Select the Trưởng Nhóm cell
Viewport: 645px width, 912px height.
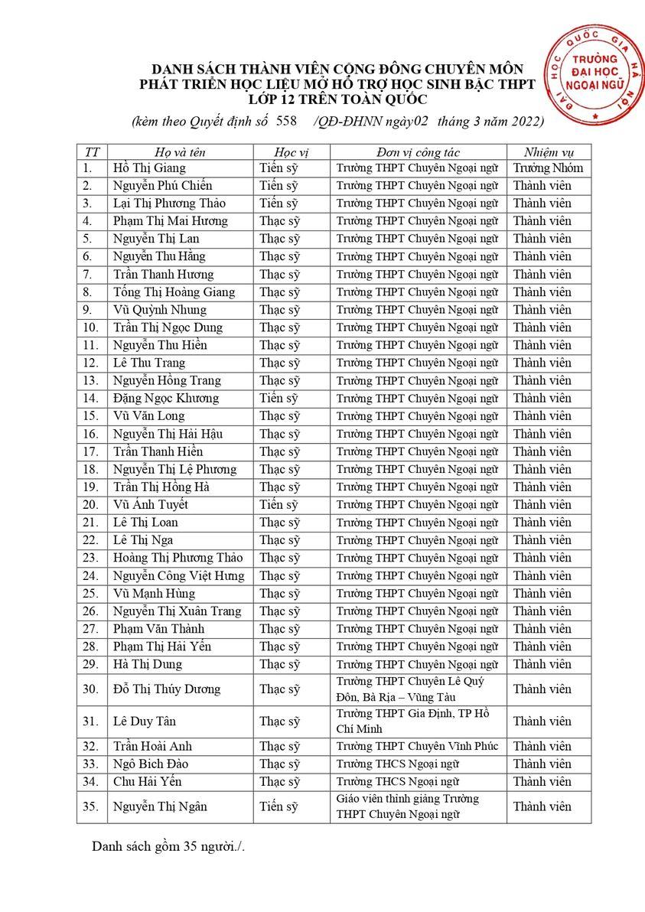pyautogui.click(x=548, y=168)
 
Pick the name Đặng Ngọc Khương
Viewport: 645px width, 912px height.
pyautogui.click(x=165, y=398)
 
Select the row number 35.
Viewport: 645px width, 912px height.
pyautogui.click(x=91, y=806)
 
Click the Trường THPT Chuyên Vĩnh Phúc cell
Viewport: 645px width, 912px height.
pyautogui.click(x=417, y=746)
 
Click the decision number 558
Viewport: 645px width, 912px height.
pyautogui.click(x=285, y=121)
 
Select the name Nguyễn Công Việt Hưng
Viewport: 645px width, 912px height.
pyautogui.click(x=178, y=575)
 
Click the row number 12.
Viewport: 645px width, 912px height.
pyautogui.click(x=91, y=363)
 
